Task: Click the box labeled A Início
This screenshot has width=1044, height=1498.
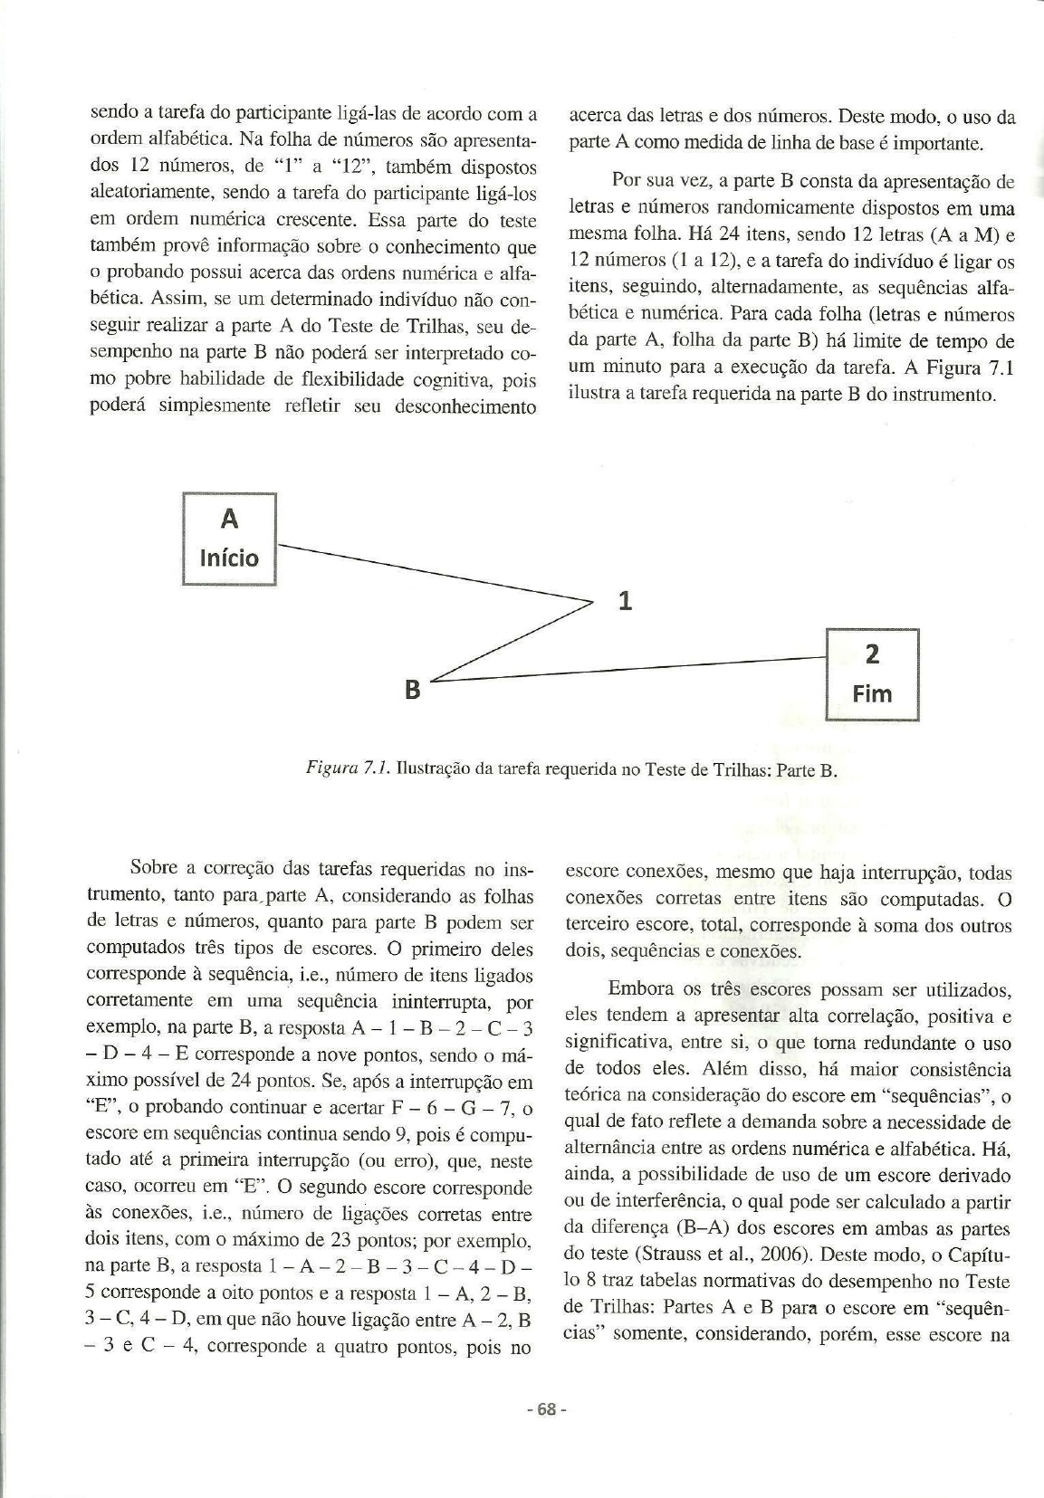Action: [229, 539]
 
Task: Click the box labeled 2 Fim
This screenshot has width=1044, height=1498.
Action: [872, 674]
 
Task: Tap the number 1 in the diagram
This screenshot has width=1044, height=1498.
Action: [625, 601]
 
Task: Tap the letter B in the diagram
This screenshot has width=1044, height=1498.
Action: [412, 690]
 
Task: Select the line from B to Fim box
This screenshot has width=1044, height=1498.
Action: [634, 669]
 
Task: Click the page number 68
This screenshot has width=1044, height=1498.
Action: [546, 1410]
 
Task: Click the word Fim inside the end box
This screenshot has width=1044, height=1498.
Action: [872, 694]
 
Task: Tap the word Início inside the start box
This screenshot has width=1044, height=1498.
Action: [229, 558]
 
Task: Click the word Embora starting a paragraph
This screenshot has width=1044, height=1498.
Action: [638, 989]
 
